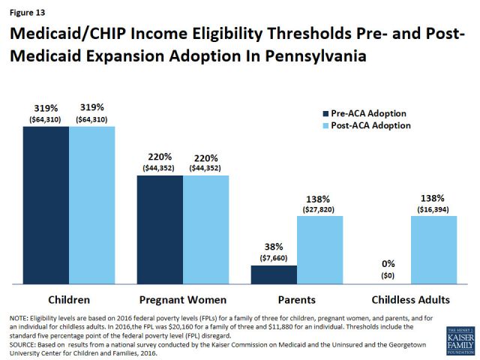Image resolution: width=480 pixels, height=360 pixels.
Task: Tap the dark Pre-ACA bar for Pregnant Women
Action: (x=160, y=229)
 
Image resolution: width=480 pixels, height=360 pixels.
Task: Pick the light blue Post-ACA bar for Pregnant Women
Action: (x=205, y=229)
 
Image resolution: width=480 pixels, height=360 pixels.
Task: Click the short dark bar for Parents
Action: (x=274, y=274)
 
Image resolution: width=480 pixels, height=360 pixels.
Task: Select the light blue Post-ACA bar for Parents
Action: (x=319, y=250)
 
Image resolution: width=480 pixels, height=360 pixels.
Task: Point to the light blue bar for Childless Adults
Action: (x=433, y=250)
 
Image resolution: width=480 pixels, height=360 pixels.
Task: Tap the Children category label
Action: (x=68, y=299)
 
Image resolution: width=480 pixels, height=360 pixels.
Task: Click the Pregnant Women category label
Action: (x=183, y=299)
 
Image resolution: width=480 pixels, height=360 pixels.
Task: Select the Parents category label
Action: (x=296, y=299)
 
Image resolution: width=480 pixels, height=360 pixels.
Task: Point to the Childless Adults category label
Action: (x=411, y=299)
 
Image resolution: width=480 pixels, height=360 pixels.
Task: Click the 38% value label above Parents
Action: (x=274, y=244)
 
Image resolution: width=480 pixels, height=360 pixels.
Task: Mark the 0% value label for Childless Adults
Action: (x=388, y=264)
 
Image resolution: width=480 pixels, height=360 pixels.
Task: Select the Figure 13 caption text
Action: (x=25, y=10)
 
